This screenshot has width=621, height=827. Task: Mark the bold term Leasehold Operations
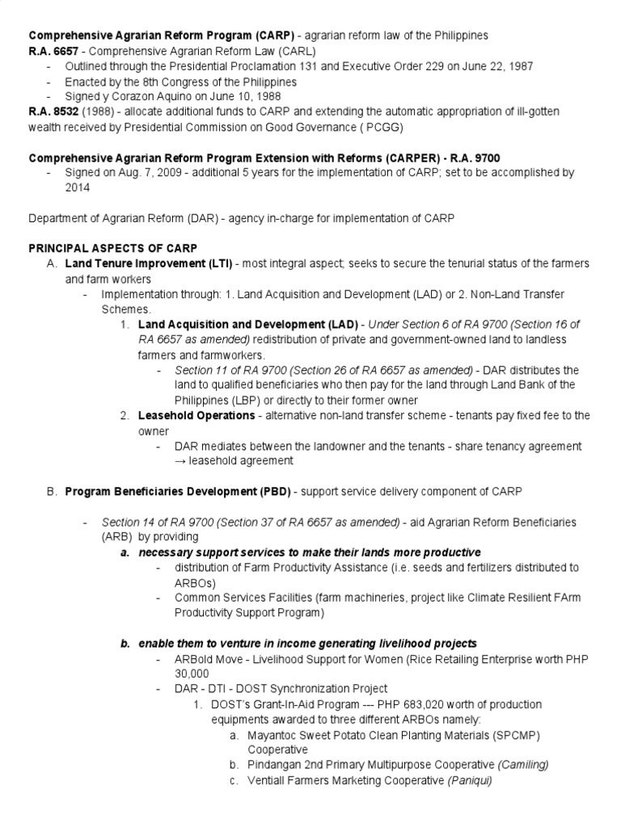[197, 415]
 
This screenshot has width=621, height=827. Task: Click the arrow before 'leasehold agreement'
[180, 460]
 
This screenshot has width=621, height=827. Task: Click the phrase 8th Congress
[164, 82]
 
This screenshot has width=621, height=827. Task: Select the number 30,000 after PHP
[192, 674]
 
